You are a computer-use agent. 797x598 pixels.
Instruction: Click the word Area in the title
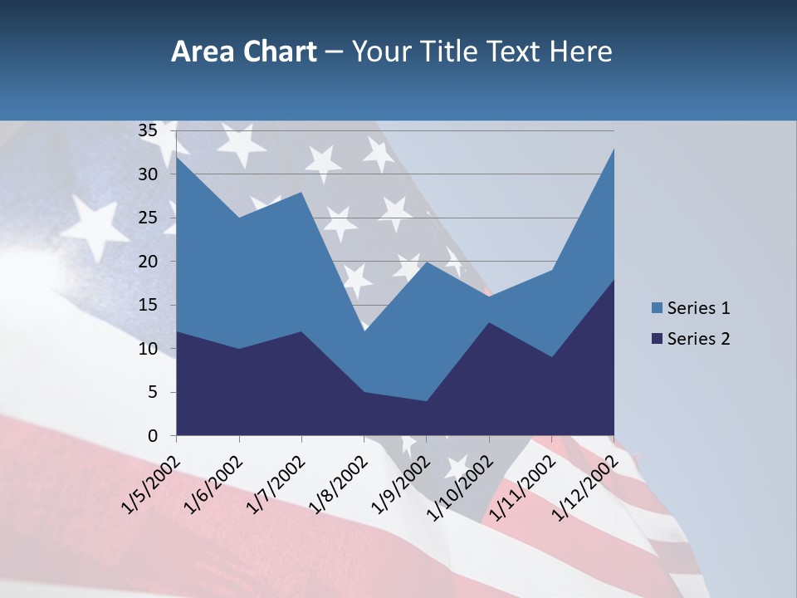pyautogui.click(x=201, y=52)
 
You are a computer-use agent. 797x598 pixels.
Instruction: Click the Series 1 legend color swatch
pyautogui.click(x=658, y=308)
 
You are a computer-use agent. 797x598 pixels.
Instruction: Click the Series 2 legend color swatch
pyautogui.click(x=658, y=339)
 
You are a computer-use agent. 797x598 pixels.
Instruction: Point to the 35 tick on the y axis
pyautogui.click(x=148, y=130)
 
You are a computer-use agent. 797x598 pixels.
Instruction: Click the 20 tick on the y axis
pyautogui.click(x=148, y=262)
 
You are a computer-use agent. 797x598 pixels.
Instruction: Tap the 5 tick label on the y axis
pyautogui.click(x=153, y=392)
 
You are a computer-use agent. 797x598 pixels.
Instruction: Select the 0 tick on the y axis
pyautogui.click(x=153, y=436)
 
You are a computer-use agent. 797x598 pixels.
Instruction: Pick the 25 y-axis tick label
pyautogui.click(x=148, y=218)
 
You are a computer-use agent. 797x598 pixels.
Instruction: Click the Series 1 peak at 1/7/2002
pyautogui.click(x=301, y=192)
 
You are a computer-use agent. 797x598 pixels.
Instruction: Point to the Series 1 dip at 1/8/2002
pyautogui.click(x=364, y=331)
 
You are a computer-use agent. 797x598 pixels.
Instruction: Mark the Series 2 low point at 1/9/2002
pyautogui.click(x=426, y=401)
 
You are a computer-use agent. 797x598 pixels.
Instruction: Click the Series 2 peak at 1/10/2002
pyautogui.click(x=489, y=322)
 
